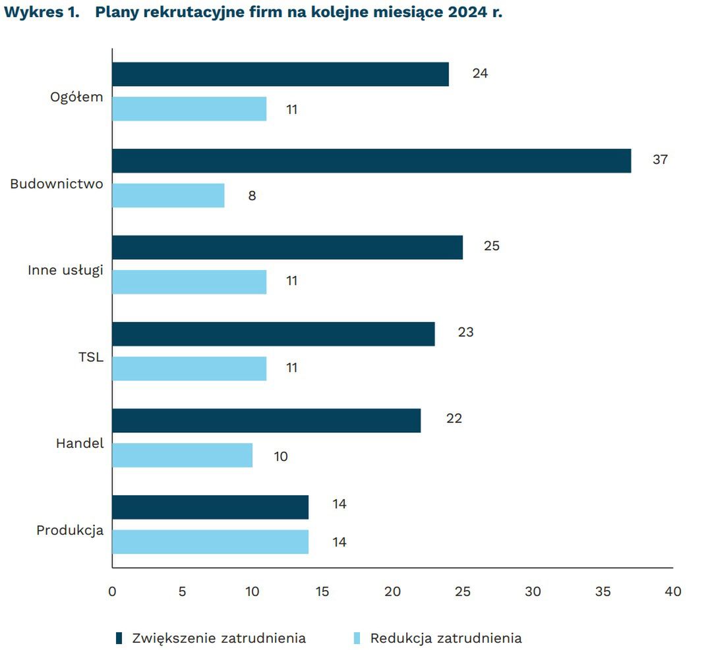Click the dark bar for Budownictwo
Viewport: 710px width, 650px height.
371,161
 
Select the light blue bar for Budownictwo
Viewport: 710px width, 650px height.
168,196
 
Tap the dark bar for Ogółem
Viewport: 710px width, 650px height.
280,74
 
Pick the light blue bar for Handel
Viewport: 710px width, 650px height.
182,455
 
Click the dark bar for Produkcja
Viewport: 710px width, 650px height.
210,507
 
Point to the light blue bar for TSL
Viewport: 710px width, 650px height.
189,368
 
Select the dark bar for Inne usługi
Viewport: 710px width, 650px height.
287,247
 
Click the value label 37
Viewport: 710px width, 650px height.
660,160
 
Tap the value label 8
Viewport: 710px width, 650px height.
252,196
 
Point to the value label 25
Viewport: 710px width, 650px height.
492,246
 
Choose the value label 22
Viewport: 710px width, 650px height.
454,419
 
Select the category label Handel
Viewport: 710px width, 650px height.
80,443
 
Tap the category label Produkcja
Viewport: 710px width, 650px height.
70,530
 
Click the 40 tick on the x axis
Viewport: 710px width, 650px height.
672,591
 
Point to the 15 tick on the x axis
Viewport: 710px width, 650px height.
322,591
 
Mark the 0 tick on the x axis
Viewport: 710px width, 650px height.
112,591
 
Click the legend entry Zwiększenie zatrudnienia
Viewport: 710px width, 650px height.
218,638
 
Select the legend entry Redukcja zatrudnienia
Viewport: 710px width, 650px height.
446,638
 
